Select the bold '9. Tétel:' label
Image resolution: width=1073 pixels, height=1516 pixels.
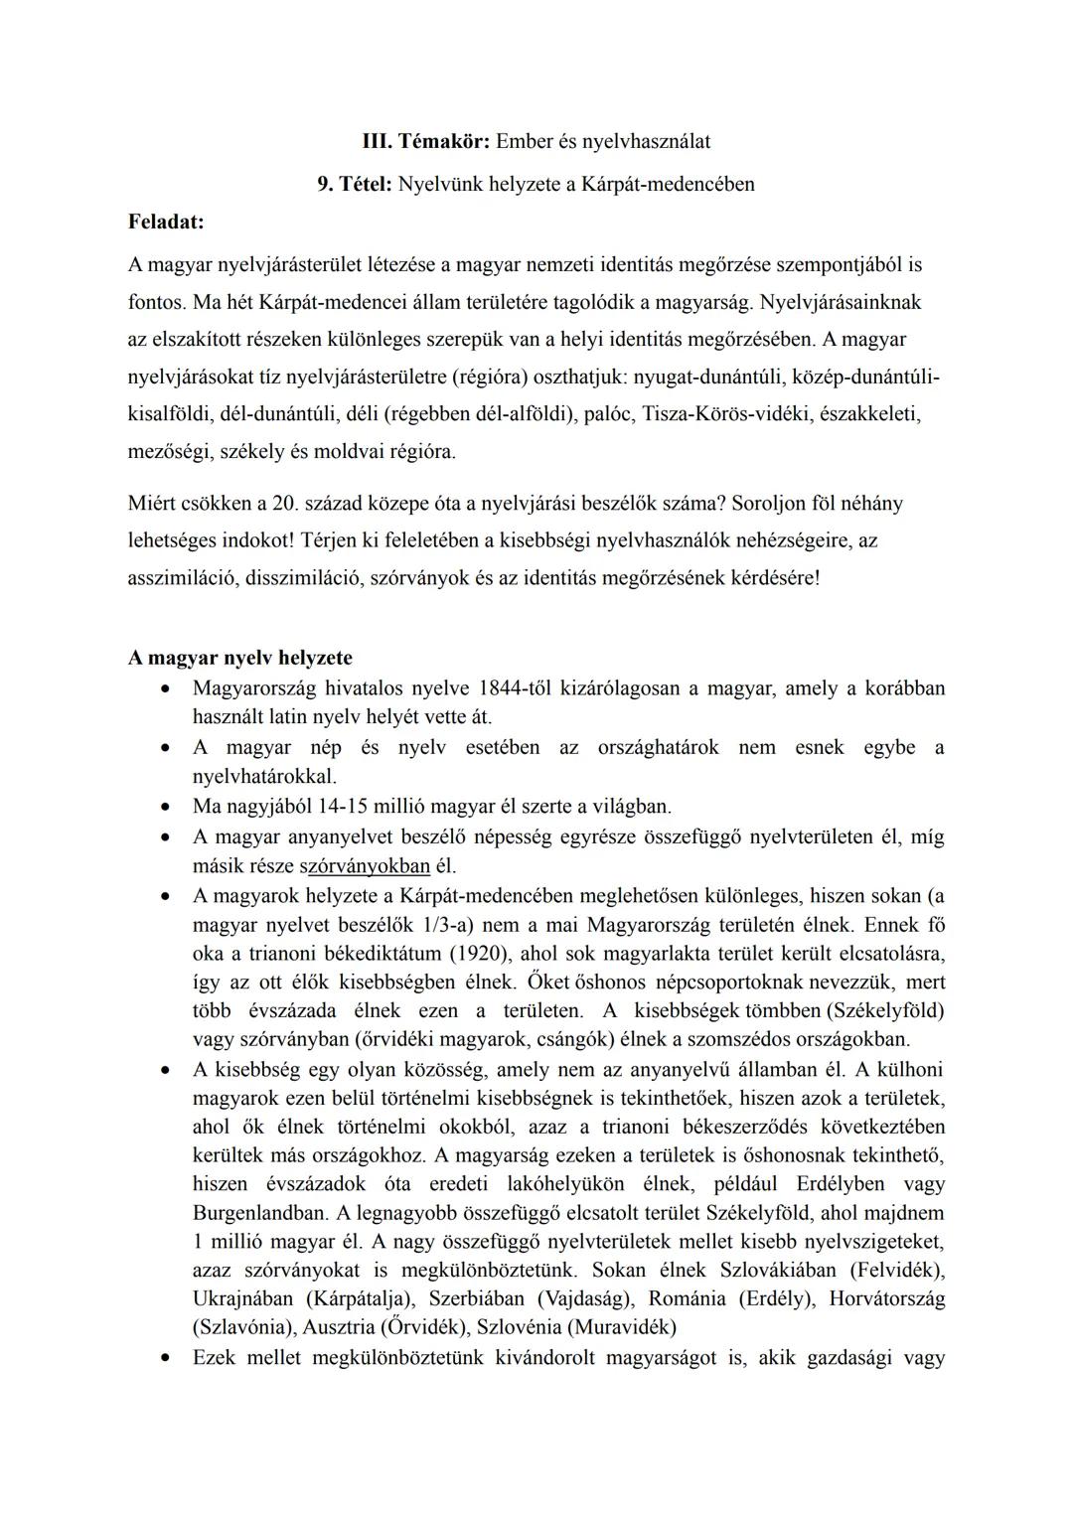coord(355,184)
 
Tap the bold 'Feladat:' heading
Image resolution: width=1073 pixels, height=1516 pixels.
coord(166,223)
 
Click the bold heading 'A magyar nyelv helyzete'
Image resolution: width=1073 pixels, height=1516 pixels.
coord(239,658)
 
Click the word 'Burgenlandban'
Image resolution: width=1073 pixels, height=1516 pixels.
coord(259,1213)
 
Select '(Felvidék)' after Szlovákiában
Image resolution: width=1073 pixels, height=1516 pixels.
coord(897,1271)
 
